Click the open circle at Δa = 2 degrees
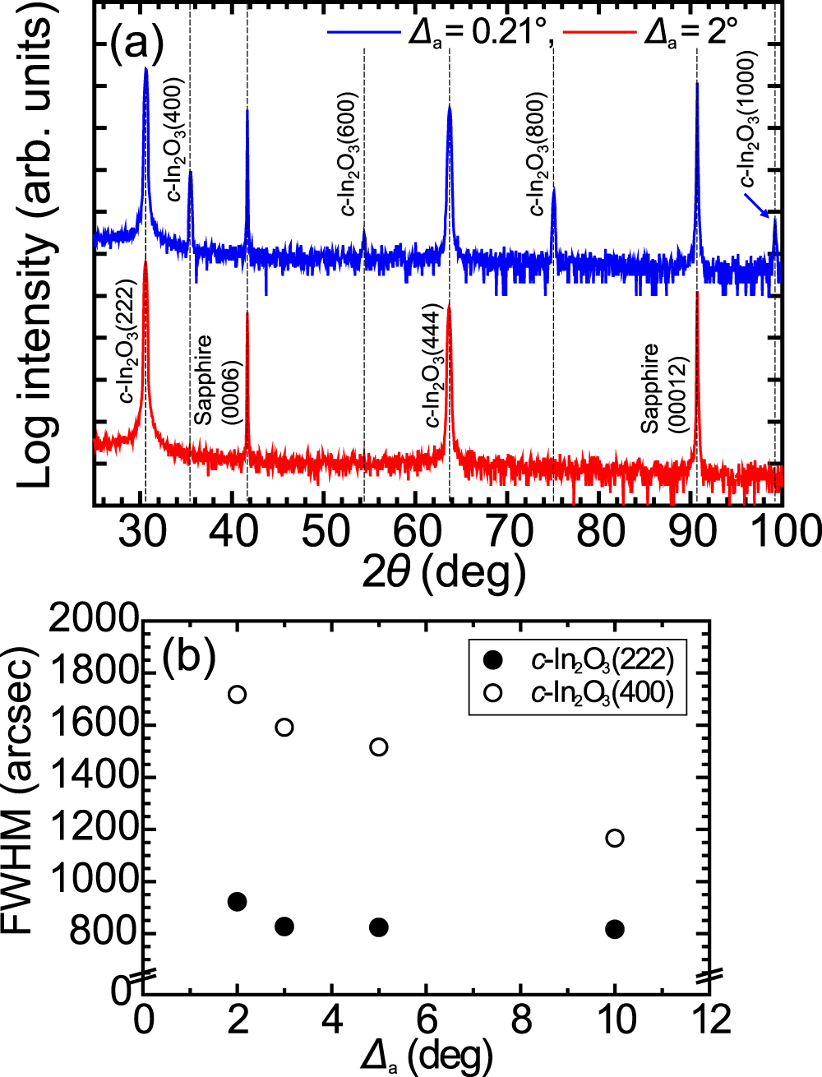click(x=238, y=695)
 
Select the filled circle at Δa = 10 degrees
click(x=614, y=929)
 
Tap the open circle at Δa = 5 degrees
click(x=379, y=747)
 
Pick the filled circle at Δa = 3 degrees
click(x=284, y=927)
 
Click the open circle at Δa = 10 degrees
click(x=614, y=839)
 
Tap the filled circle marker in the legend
click(x=493, y=659)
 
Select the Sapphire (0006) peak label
click(x=215, y=380)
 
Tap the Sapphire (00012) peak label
click(x=663, y=388)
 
